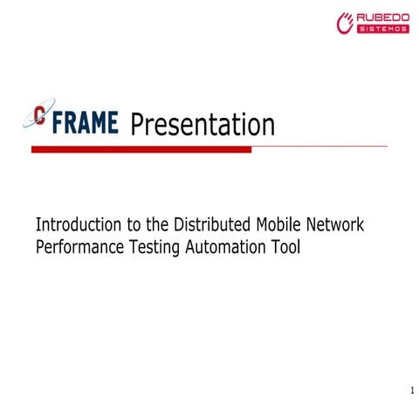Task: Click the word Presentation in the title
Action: click(x=203, y=125)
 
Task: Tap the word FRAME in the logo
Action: click(x=86, y=122)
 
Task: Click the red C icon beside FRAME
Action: click(x=40, y=118)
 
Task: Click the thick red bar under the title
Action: click(x=141, y=149)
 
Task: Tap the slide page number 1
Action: click(x=411, y=389)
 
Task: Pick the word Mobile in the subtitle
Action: click(x=276, y=224)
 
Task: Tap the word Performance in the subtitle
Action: click(x=82, y=247)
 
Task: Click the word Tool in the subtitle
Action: click(x=286, y=247)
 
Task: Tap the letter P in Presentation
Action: click(x=138, y=125)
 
